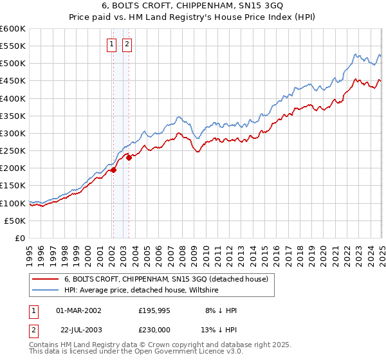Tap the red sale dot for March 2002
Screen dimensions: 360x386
(x=113, y=170)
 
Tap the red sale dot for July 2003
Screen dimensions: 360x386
(x=129, y=157)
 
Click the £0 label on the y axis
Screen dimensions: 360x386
(x=19, y=239)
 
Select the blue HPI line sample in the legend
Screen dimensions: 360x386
(x=45, y=291)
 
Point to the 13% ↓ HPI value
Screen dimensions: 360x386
(x=221, y=328)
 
